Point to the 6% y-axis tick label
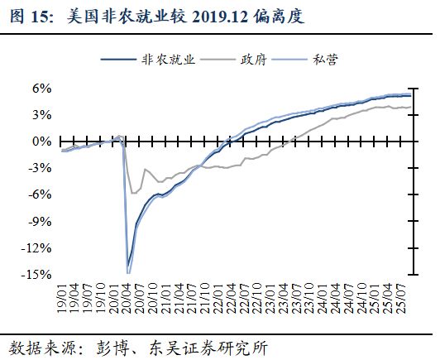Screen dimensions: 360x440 click(x=41, y=88)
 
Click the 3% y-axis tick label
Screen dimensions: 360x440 click(x=41, y=114)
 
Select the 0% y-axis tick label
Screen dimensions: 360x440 click(x=41, y=142)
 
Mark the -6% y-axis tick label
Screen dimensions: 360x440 click(x=40, y=194)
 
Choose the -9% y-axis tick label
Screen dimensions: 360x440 click(x=40, y=221)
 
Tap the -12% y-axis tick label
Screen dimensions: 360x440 click(x=37, y=247)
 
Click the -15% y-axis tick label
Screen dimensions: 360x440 click(x=37, y=275)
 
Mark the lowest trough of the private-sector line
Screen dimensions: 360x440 click(x=127, y=272)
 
